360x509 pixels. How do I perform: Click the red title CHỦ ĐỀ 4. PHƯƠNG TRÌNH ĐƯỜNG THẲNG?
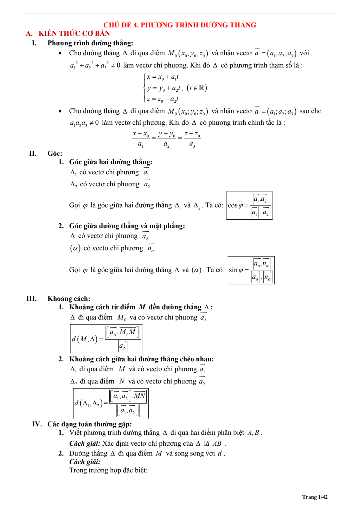pyautogui.click(x=180, y=25)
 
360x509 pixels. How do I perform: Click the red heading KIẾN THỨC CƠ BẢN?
pyautogui.click(x=74, y=34)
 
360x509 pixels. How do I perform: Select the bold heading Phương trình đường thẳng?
pyautogui.click(x=90, y=43)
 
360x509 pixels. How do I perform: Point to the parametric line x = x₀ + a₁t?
pyautogui.click(x=162, y=77)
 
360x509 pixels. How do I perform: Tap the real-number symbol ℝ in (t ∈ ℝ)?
pyautogui.click(x=201, y=88)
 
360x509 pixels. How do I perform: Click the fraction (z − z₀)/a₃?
pyautogui.click(x=192, y=139)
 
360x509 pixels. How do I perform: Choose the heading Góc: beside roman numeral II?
pyautogui.click(x=55, y=154)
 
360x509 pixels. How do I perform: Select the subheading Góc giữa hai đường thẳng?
pyautogui.click(x=111, y=162)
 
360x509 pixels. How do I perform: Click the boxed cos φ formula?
pyautogui.click(x=249, y=206)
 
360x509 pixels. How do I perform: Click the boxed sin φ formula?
pyautogui.click(x=251, y=270)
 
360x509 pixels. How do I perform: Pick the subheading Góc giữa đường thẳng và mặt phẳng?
pyautogui.click(x=127, y=226)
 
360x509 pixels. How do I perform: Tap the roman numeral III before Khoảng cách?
pyautogui.click(x=31, y=299)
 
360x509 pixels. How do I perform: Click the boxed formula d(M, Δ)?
pyautogui.click(x=106, y=339)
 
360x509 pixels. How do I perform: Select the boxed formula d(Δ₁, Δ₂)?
pyautogui.click(x=111, y=403)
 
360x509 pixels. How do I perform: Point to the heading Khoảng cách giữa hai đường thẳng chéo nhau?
pyautogui.click(x=141, y=359)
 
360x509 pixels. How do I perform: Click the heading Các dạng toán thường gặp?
pyautogui.click(x=90, y=424)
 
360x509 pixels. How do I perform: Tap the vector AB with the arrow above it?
pyautogui.click(x=217, y=443)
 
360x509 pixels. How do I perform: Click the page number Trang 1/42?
pyautogui.click(x=315, y=497)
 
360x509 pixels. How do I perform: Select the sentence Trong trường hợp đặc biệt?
pyautogui.click(x=108, y=470)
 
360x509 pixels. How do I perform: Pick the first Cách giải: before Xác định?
pyautogui.click(x=85, y=444)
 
